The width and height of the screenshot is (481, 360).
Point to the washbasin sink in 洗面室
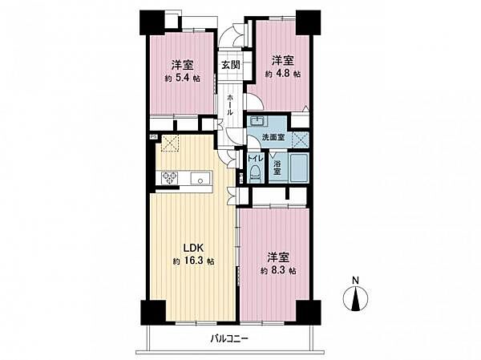click(x=257, y=122)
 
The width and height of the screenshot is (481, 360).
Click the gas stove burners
click(x=169, y=177)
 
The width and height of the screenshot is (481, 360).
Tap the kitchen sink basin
click(x=198, y=178)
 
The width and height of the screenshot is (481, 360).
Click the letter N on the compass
click(x=355, y=280)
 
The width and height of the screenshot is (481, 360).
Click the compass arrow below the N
click(x=355, y=300)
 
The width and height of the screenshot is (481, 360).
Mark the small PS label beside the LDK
click(x=152, y=137)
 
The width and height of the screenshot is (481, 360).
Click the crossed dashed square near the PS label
click(x=171, y=144)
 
